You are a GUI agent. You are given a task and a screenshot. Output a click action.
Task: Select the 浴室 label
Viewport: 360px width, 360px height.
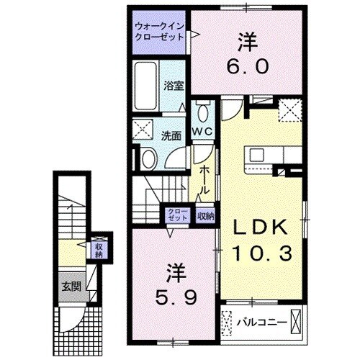click(174, 84)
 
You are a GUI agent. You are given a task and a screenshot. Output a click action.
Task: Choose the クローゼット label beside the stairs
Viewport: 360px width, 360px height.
click(175, 214)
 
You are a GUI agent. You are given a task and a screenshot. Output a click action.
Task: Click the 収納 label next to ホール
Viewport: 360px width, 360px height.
click(205, 214)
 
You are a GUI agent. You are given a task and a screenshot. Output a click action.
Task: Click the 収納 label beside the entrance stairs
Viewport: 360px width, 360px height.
click(99, 249)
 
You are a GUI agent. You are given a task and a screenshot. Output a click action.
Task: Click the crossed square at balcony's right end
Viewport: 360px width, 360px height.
click(297, 322)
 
